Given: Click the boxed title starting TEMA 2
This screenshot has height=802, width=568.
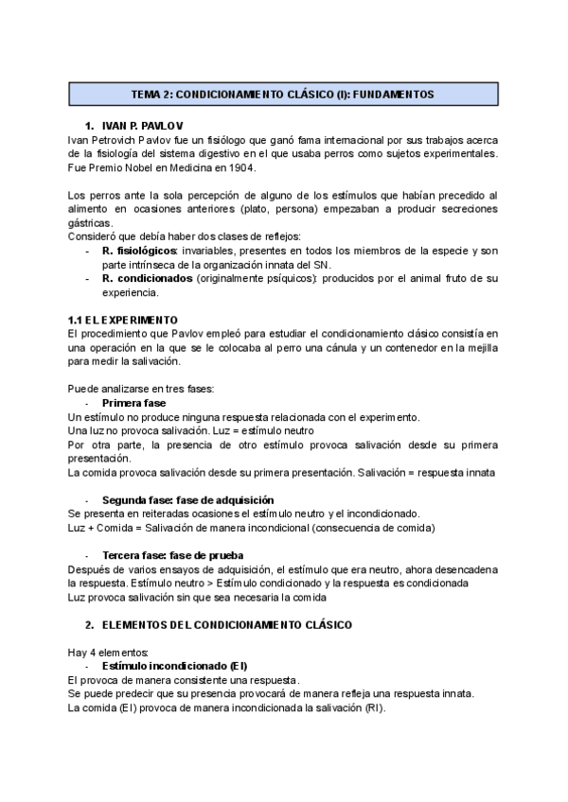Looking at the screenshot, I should (x=282, y=95).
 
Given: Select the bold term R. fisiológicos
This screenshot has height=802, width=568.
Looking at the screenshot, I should (x=140, y=250).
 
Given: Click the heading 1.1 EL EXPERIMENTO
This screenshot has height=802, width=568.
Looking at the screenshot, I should (x=123, y=320).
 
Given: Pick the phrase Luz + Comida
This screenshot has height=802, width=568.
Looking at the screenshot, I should (x=105, y=528).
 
